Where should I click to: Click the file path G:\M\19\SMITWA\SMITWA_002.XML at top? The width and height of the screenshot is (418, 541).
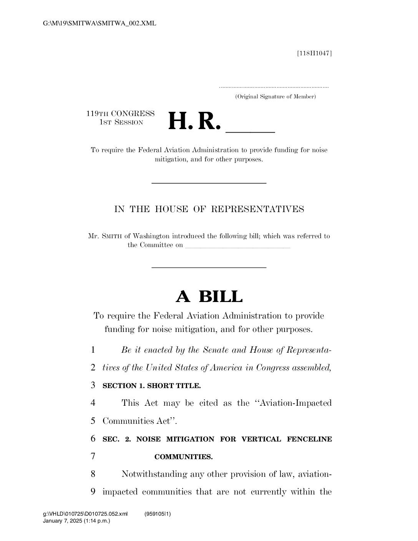[x=100, y=23]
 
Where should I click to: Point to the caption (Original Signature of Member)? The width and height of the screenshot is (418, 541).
[x=275, y=97]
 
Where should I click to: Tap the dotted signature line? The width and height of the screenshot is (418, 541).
[x=274, y=88]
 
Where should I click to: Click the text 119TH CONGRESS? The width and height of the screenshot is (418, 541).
[x=120, y=114]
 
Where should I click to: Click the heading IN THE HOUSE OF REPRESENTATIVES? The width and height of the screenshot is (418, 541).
[x=209, y=209]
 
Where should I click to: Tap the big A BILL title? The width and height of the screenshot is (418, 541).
[x=209, y=297]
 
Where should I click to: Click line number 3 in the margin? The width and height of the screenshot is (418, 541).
[x=93, y=385]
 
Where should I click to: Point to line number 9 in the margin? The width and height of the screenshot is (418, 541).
[x=93, y=492]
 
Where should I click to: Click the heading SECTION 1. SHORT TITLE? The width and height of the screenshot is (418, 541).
[x=152, y=386]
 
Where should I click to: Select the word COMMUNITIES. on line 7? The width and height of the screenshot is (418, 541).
[x=184, y=457]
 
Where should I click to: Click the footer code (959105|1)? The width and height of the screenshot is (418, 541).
[x=158, y=514]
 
